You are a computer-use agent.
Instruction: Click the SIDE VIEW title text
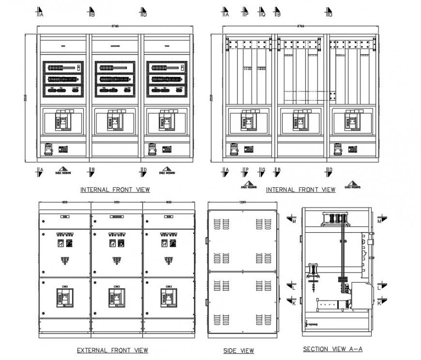click(x=238, y=351)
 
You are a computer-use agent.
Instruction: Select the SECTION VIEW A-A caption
click(x=332, y=349)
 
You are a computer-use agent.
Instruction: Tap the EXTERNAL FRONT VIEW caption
click(x=112, y=350)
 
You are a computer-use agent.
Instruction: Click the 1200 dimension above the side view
click(x=242, y=202)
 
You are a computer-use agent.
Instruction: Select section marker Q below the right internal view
click(x=262, y=171)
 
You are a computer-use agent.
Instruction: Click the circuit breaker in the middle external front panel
click(x=117, y=297)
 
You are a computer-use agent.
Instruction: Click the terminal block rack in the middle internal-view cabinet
click(x=115, y=78)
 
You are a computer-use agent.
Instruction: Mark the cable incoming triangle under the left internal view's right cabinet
click(x=166, y=170)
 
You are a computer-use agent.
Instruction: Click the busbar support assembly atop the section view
click(x=334, y=219)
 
